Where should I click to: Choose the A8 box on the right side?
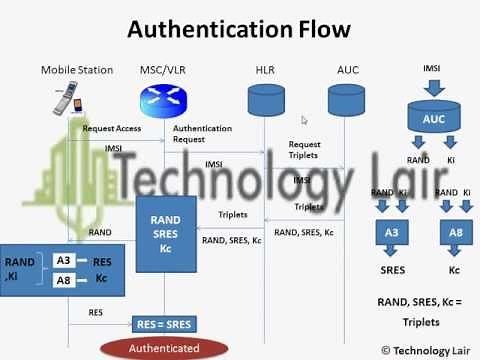(455, 234)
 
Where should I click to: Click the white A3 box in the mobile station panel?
(63, 261)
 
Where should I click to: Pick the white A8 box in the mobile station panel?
(63, 280)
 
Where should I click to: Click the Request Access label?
(111, 129)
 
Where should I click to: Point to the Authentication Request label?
(202, 134)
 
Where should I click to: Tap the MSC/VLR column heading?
(161, 69)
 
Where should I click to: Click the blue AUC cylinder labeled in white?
(433, 117)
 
